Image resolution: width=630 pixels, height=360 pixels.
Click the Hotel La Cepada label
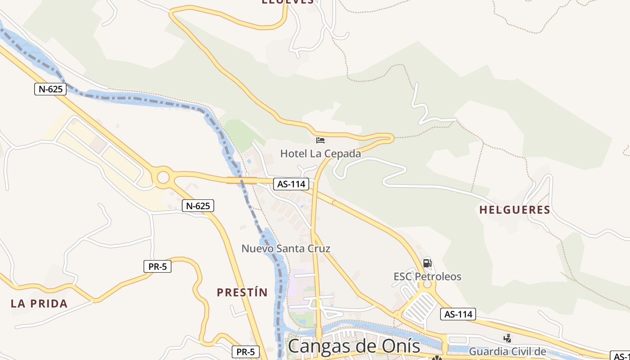coord(320,153)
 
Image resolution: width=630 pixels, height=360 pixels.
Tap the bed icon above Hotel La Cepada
coord(320,140)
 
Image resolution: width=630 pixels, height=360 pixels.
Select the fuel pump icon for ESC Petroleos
coord(427,263)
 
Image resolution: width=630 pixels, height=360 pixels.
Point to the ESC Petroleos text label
coord(427,276)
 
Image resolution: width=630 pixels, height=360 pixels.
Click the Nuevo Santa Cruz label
coord(286,248)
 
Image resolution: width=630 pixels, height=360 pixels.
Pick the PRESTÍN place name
coord(242,292)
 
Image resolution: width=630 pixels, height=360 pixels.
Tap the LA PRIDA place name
coord(39,303)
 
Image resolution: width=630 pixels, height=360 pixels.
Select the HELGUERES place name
coord(515,210)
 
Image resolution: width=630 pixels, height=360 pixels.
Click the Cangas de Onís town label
coord(354,346)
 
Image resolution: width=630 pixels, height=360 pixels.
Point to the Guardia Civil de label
coord(508,351)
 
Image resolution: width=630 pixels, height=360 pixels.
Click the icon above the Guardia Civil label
coord(508,338)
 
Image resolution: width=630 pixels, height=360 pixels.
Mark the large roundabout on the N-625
coord(163,177)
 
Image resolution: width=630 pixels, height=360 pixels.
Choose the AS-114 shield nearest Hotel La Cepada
coord(291,184)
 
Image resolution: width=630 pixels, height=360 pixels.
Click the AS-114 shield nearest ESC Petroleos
coord(458,314)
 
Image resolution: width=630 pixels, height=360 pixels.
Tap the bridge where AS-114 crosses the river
coord(242,180)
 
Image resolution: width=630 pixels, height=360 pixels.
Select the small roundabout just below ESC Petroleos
coord(427,284)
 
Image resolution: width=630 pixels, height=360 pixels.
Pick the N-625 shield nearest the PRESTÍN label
coord(198,206)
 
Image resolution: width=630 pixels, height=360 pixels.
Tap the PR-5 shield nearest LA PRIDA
coord(157,266)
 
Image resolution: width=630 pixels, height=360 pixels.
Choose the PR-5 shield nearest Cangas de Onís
coord(246,352)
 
